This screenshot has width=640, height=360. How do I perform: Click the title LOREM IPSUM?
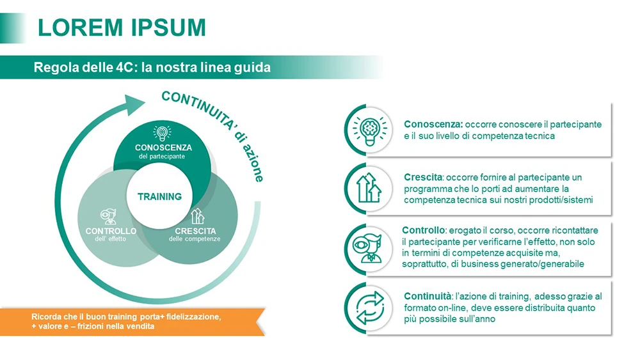click(x=122, y=27)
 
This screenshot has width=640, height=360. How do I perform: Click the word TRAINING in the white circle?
click(x=159, y=197)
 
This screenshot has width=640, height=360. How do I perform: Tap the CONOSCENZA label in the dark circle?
click(x=163, y=148)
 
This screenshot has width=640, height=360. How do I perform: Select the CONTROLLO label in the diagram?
click(x=111, y=231)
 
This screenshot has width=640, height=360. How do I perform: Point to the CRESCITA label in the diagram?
click(x=195, y=231)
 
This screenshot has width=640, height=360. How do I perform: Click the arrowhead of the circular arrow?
click(x=134, y=104)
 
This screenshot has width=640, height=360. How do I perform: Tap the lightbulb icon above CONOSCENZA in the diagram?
click(x=162, y=134)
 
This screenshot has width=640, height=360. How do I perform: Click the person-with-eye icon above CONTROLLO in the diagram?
click(x=109, y=217)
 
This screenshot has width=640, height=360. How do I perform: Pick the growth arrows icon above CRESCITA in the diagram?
click(x=198, y=216)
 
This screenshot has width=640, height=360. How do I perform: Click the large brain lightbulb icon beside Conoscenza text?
click(x=370, y=130)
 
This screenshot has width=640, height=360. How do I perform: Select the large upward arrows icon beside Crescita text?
click(x=369, y=188)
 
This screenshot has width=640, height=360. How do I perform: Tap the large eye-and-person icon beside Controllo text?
click(x=368, y=248)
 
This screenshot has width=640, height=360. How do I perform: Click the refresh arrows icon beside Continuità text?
click(x=370, y=308)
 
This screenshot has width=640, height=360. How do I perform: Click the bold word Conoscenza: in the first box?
click(x=433, y=124)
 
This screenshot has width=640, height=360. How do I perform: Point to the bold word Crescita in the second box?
click(x=423, y=177)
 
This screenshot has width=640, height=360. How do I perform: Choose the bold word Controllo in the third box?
click(x=423, y=230)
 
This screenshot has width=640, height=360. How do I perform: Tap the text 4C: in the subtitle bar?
click(x=125, y=67)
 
